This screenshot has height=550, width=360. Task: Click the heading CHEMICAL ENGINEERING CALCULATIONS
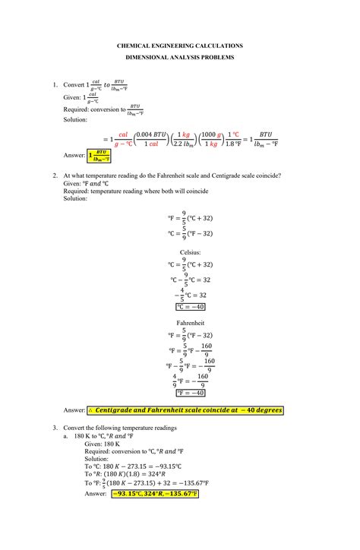tap(179, 46)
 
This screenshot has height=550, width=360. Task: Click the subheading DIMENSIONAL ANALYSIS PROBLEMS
tap(179, 58)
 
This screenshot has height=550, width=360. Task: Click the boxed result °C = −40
tap(190, 307)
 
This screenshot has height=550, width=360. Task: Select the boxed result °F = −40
tap(190, 393)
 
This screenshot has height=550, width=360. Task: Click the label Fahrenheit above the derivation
tap(190, 322)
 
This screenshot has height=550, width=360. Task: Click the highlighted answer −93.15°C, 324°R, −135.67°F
tap(154, 493)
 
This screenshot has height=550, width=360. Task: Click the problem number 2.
tap(55, 175)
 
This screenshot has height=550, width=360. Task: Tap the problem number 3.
tap(55, 428)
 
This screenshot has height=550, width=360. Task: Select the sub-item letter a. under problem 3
tap(66, 436)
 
